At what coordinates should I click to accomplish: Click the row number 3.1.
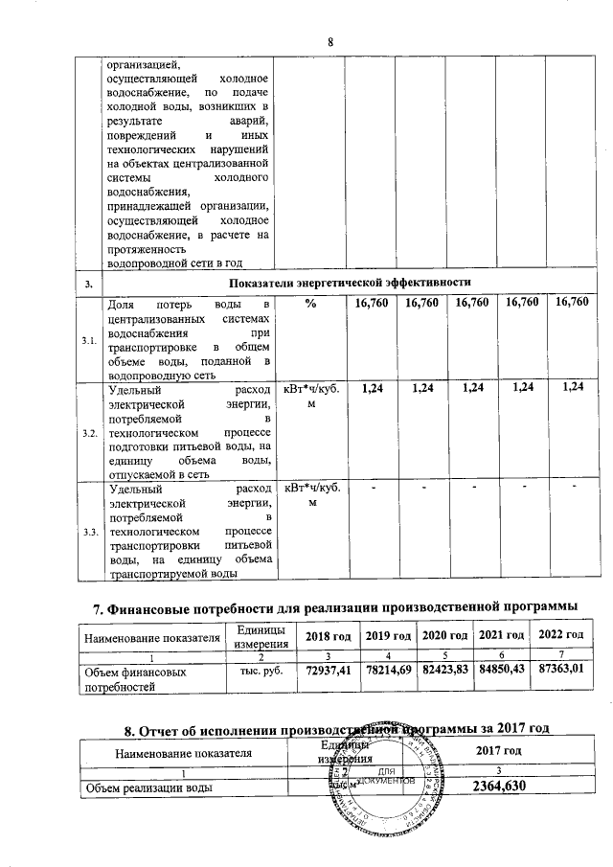coord(89,341)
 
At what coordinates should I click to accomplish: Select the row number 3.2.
coord(89,434)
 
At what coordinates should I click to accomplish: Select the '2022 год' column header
coord(562,637)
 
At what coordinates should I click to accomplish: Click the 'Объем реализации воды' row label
coord(148,787)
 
